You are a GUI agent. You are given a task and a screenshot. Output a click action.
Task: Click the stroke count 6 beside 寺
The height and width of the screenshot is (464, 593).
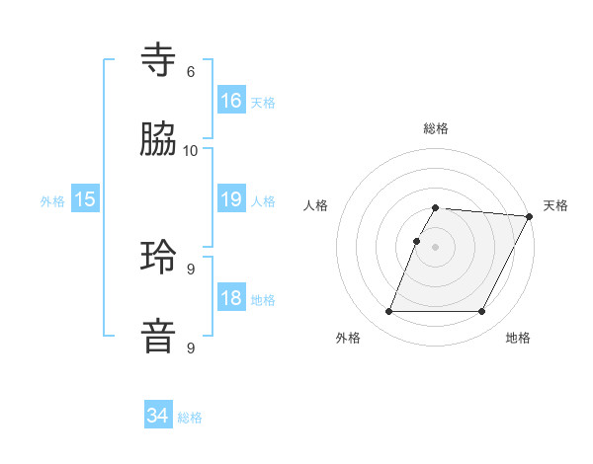pos(191,72)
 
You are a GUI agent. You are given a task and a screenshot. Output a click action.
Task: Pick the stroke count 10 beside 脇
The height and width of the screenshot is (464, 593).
pos(191,151)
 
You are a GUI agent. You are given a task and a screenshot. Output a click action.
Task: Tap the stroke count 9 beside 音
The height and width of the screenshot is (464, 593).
pos(191,348)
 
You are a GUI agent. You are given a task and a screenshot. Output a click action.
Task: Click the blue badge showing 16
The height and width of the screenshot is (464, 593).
pos(231,101)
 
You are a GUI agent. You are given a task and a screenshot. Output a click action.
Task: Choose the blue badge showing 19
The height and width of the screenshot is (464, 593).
pos(231,199)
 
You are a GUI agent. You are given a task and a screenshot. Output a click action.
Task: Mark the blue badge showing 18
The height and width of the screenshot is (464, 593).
pos(231,298)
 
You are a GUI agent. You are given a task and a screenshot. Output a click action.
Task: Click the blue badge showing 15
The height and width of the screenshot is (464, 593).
pos(85,199)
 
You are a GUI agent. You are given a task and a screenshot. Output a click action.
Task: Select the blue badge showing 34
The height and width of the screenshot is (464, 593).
pos(158,417)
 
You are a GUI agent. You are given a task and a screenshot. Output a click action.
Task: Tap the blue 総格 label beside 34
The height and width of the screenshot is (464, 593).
pos(190,418)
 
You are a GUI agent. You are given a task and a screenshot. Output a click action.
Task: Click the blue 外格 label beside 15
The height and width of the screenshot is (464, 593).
pos(52,200)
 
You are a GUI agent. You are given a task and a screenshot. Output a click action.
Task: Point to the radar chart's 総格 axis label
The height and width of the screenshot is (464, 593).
pos(436,128)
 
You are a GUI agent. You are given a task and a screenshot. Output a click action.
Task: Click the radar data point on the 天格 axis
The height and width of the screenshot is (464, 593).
pos(531,216)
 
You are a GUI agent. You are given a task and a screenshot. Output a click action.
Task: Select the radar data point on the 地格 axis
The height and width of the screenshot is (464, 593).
pos(482,312)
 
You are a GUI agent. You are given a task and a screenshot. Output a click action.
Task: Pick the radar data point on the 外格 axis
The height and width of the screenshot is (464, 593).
pos(388,312)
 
